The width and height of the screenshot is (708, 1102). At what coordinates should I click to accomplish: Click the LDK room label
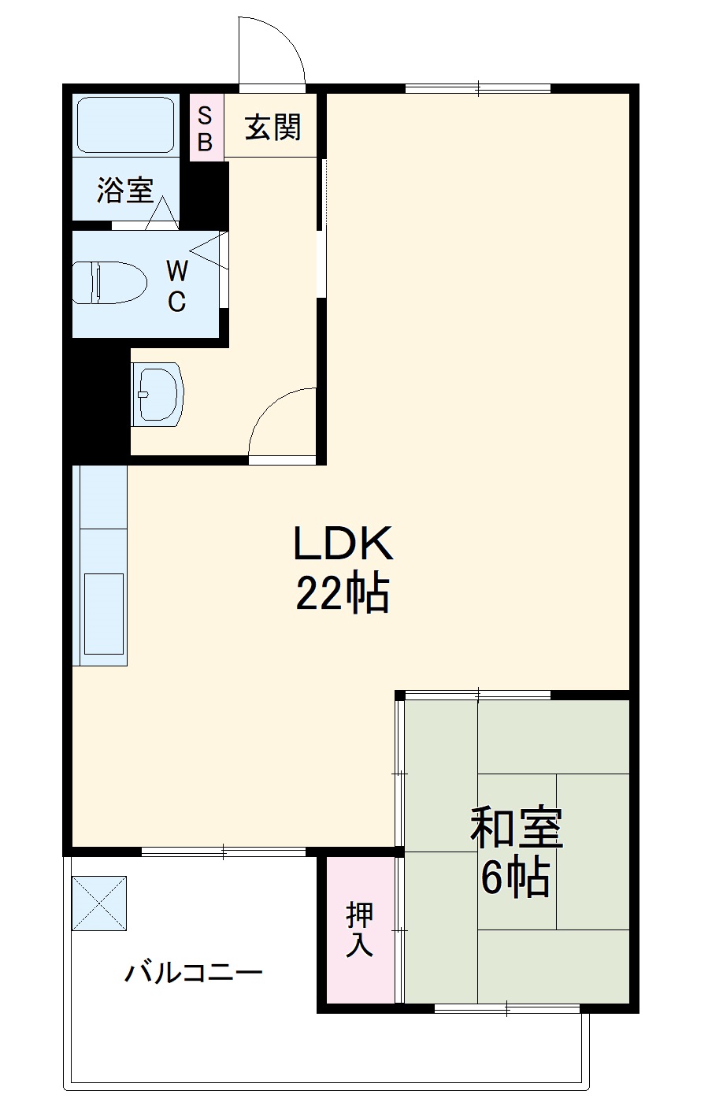(343, 544)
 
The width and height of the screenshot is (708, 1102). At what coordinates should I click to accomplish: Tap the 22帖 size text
(343, 594)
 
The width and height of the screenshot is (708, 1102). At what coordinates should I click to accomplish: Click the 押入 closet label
(360, 929)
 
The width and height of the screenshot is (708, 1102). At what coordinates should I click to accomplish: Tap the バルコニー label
(193, 973)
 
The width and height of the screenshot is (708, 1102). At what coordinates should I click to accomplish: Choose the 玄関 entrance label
(272, 127)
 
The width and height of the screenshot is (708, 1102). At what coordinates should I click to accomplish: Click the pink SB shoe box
(205, 128)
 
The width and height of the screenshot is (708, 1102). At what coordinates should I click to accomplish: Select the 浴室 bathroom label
(125, 190)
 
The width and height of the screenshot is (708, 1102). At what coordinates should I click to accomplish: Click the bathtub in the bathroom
(125, 125)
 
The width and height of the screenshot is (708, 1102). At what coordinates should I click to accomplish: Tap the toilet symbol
(109, 282)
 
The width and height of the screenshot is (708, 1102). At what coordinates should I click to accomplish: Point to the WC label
(177, 287)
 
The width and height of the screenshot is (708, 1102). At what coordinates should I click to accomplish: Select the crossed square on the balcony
(99, 902)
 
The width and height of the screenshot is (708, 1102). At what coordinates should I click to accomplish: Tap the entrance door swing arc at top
(272, 50)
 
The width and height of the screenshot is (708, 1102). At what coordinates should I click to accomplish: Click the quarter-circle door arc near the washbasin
(282, 422)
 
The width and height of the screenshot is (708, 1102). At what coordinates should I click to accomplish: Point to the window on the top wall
(478, 88)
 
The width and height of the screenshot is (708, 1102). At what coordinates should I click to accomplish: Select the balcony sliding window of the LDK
(224, 852)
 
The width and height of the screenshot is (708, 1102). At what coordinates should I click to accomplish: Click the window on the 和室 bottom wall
(507, 1007)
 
